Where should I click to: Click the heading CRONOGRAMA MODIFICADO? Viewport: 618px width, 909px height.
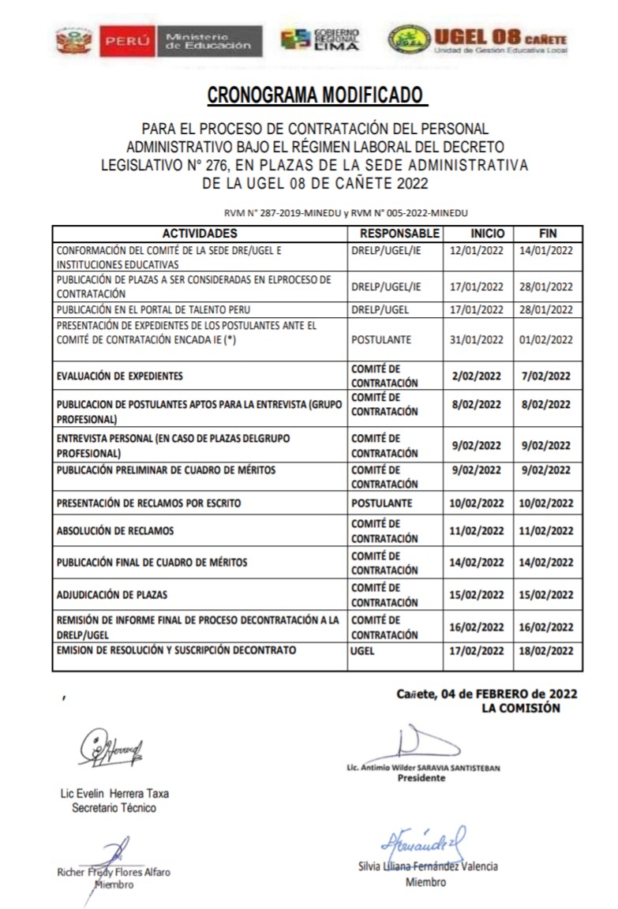(315, 96)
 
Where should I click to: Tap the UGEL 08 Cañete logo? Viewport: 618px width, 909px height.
(478, 39)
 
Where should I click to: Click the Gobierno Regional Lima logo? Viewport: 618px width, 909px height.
(320, 39)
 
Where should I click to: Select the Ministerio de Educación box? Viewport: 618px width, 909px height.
(212, 40)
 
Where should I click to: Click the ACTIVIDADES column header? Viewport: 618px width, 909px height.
(200, 234)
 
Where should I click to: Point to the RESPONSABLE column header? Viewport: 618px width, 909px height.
(399, 234)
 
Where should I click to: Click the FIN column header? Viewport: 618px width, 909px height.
(548, 234)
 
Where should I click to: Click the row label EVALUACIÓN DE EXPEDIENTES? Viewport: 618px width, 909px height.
(120, 376)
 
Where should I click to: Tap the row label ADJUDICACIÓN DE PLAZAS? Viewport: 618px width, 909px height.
(112, 594)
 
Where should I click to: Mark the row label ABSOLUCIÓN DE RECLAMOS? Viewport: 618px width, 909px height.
(115, 531)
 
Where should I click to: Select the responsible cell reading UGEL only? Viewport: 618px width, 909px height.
(364, 651)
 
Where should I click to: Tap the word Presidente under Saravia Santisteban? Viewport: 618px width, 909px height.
(421, 778)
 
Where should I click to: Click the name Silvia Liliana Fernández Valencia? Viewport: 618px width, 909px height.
(427, 866)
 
